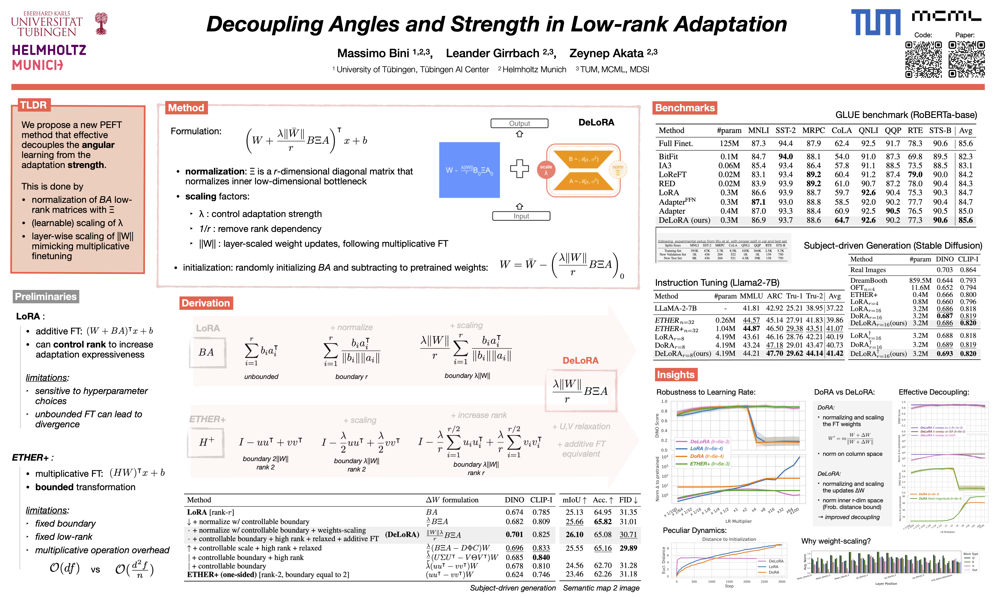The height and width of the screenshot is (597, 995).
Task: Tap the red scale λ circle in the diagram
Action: tap(546, 170)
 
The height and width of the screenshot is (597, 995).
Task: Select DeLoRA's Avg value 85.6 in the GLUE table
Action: tap(965, 220)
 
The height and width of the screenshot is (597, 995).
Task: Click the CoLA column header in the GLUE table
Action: tap(841, 130)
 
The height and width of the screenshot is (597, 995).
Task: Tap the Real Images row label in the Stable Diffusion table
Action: tap(867, 270)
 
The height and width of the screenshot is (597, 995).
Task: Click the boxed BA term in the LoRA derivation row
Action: tap(207, 352)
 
